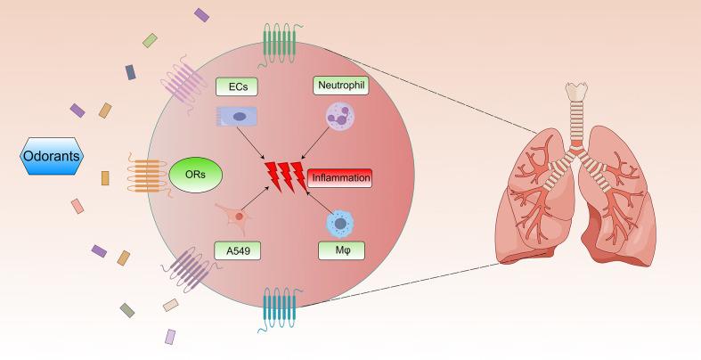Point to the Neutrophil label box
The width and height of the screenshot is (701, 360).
tap(340, 86)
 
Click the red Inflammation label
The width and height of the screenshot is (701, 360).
tap(339, 177)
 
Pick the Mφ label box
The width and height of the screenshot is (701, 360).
tap(339, 252)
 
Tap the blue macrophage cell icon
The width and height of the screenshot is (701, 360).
tap(340, 222)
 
